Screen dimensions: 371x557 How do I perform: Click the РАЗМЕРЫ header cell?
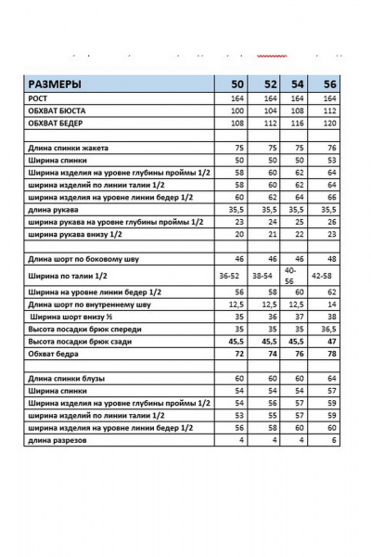[x=55, y=82]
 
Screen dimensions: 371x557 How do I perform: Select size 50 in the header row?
[x=237, y=82]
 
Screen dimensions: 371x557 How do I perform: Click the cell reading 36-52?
[x=233, y=276]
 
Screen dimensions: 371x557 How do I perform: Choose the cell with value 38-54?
[x=263, y=276]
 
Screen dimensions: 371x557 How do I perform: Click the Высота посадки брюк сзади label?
[x=84, y=341]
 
